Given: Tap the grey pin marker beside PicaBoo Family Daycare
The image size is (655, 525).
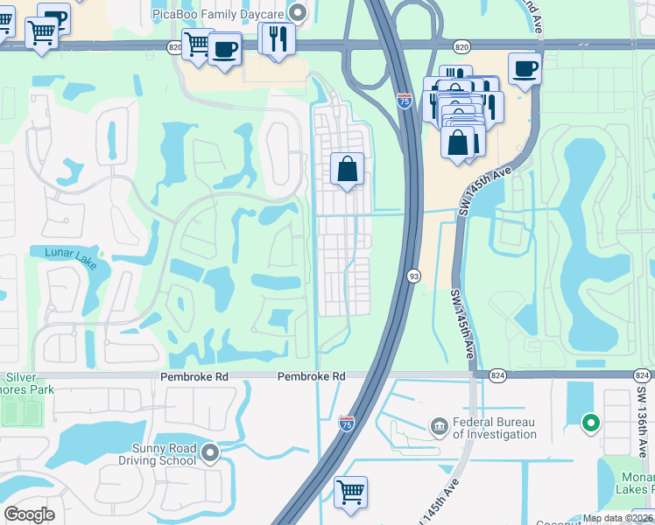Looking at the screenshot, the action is pyautogui.click(x=298, y=13).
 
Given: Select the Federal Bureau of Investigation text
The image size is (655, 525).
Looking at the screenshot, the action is pyautogui.click(x=494, y=428).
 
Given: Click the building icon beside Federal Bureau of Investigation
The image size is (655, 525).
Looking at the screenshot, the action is pyautogui.click(x=440, y=427).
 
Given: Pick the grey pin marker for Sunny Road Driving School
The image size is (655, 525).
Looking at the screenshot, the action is pyautogui.click(x=210, y=453).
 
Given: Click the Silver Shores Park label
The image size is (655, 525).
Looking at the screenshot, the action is pyautogui.click(x=27, y=382).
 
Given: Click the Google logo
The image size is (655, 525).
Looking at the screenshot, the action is pyautogui.click(x=29, y=514).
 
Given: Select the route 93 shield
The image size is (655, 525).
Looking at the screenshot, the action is pyautogui.click(x=412, y=276).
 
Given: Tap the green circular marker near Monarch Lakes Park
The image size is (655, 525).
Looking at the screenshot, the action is pyautogui.click(x=591, y=424).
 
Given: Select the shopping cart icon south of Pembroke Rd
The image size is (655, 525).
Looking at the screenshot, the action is pyautogui.click(x=351, y=492).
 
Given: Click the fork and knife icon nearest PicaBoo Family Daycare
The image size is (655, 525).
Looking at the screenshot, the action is pyautogui.click(x=278, y=38).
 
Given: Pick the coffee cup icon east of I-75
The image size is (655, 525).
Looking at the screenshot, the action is pyautogui.click(x=525, y=68).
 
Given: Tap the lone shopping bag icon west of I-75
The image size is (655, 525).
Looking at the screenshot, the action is pyautogui.click(x=348, y=168).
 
